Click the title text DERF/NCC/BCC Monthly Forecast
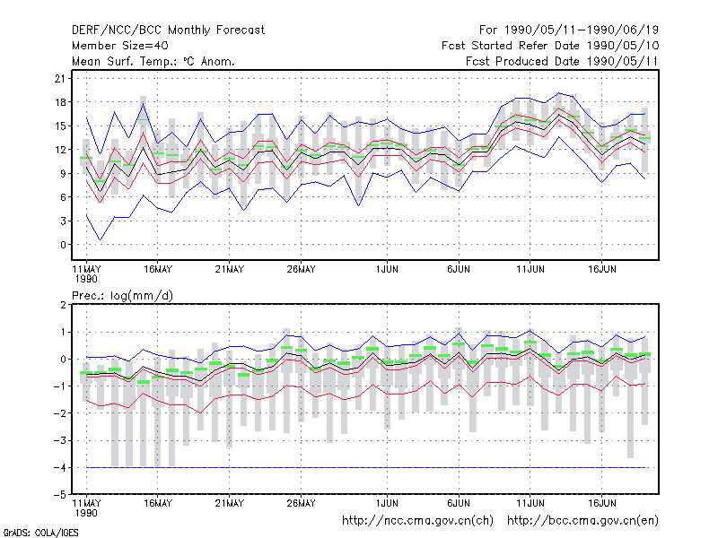(x=168, y=30)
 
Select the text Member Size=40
(x=120, y=46)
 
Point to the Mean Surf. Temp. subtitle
(x=153, y=61)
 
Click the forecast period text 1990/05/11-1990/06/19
(x=581, y=30)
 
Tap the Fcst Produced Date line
(x=562, y=61)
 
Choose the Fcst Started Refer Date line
(x=550, y=46)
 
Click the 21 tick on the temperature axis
(x=60, y=78)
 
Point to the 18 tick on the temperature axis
(x=60, y=102)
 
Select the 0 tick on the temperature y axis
(x=63, y=245)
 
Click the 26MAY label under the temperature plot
(x=301, y=270)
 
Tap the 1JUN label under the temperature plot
(x=387, y=270)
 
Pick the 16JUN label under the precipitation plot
(x=601, y=503)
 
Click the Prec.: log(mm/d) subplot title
(x=122, y=296)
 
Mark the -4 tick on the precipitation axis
(x=59, y=467)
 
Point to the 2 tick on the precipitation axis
(x=63, y=305)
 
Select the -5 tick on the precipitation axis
(x=59, y=495)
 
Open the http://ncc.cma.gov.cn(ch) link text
(x=417, y=521)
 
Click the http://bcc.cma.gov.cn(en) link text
(x=582, y=521)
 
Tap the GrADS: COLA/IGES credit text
(x=40, y=533)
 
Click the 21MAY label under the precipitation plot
(x=230, y=503)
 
